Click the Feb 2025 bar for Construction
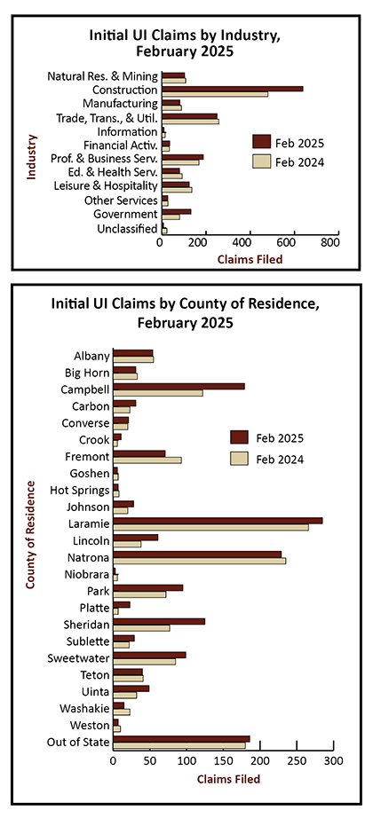233,89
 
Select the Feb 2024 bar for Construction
215,94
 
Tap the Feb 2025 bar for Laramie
218,521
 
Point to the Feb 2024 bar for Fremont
147,460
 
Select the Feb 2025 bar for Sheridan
159,621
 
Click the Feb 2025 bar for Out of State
181,739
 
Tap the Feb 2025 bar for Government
177,211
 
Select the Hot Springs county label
80,491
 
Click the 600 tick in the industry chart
295,242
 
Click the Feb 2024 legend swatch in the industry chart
261,161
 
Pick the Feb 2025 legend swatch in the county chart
239,437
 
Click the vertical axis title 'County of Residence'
32,535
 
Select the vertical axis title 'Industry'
32,157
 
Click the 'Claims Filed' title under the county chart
227,780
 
